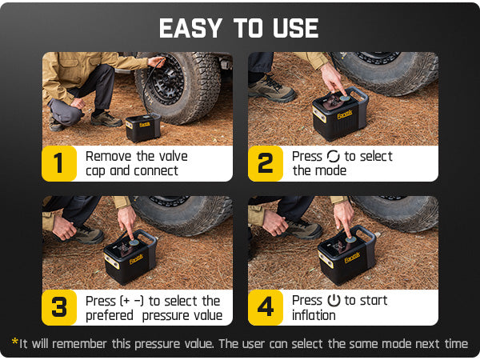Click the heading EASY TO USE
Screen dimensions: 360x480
(238, 28)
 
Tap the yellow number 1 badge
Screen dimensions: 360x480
(58, 163)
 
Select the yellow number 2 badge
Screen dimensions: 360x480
(265, 163)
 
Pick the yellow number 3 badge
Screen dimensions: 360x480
(58, 307)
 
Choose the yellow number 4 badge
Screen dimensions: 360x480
(265, 307)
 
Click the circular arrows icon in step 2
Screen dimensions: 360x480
(333, 156)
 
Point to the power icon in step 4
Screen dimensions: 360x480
(334, 301)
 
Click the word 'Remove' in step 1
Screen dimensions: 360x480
(109, 156)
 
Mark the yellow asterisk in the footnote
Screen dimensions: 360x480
(14, 343)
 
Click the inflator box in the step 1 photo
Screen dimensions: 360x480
(143, 128)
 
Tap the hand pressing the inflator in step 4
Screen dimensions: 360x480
(344, 215)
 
